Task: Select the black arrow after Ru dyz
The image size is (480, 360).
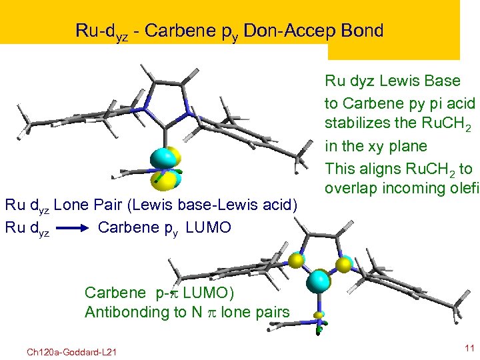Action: click(75, 229)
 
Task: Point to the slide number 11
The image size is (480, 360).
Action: click(468, 347)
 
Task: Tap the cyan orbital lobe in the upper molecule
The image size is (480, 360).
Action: click(163, 159)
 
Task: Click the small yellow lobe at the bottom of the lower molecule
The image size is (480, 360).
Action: click(319, 315)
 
